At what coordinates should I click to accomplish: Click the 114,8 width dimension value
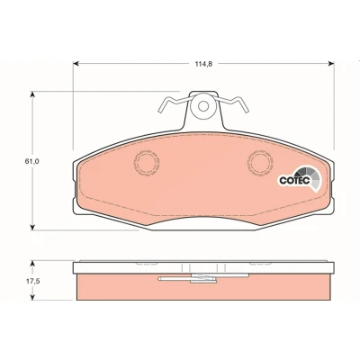(203, 64)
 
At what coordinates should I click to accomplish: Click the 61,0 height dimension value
(32, 161)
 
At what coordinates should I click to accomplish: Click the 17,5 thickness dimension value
(32, 282)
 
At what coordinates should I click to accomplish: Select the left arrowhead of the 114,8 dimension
(76, 64)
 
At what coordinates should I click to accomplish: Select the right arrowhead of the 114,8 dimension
(331, 64)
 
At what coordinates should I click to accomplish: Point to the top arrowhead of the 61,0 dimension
(33, 94)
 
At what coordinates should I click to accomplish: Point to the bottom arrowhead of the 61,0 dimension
(33, 228)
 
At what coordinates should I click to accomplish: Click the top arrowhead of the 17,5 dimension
(33, 263)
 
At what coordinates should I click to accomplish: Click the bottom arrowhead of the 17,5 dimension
(33, 297)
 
